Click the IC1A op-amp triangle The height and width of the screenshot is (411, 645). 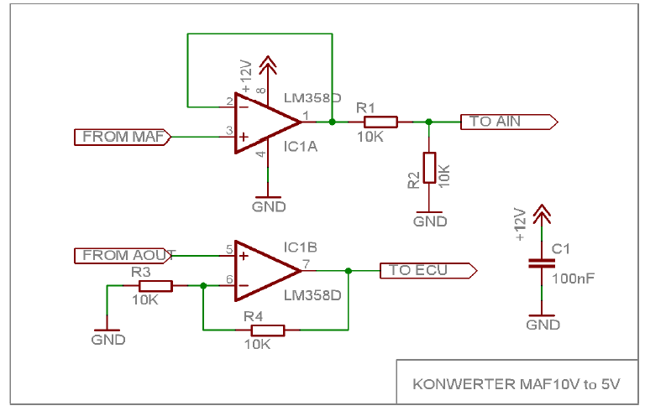point(265,122)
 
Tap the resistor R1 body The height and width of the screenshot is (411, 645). point(375,122)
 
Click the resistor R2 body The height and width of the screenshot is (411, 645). point(429,168)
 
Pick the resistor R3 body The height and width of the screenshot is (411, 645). point(151,286)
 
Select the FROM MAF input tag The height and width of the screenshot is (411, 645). point(123,137)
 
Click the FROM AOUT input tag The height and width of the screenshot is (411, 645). point(123,255)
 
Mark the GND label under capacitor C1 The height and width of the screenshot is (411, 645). point(543,325)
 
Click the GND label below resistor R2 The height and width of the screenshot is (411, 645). point(430,221)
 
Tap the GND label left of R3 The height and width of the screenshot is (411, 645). point(108,340)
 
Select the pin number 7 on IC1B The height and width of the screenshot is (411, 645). point(307,264)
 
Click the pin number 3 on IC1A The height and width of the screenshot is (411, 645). point(228,131)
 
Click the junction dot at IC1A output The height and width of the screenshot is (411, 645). point(333,122)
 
